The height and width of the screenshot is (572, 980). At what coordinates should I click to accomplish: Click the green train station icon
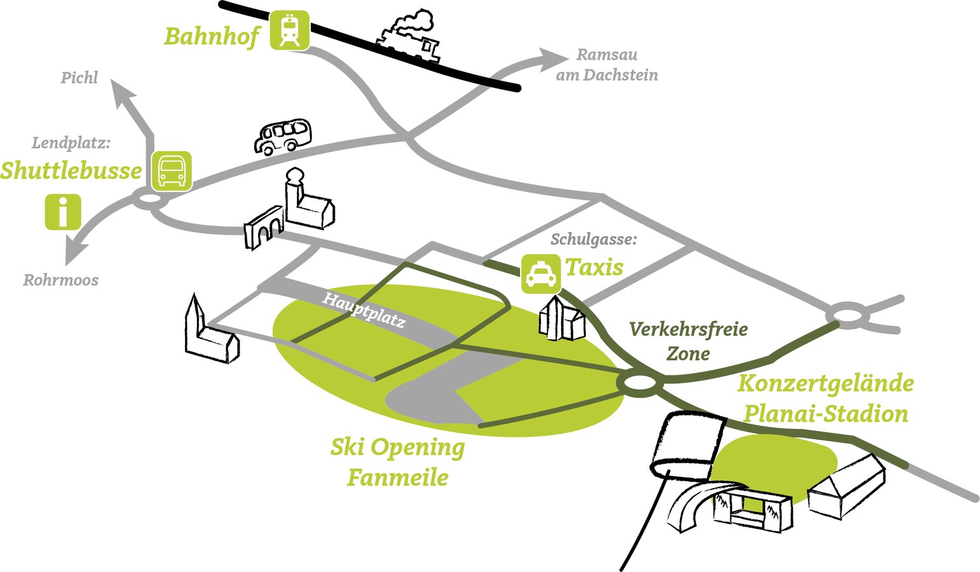point(289,30)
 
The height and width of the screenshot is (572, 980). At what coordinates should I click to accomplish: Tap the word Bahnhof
point(212,36)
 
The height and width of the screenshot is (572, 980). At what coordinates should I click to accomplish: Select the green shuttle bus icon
point(172,170)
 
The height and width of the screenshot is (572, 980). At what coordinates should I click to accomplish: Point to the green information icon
point(63,212)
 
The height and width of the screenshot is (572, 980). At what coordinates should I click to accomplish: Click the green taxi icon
point(540,274)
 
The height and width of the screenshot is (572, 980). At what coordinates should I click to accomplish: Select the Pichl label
point(79,78)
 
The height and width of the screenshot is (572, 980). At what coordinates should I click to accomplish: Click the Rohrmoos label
point(61,280)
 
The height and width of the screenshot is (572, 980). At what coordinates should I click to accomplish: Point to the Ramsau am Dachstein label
point(606,65)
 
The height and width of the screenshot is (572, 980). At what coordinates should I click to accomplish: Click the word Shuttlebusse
point(71,170)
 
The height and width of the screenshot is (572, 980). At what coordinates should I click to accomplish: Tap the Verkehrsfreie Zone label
point(688,341)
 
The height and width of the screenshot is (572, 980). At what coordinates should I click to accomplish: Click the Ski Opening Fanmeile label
point(398,461)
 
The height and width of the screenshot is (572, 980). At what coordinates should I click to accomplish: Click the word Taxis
point(594,267)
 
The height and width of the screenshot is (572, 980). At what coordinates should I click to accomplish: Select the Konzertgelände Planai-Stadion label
point(826,398)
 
